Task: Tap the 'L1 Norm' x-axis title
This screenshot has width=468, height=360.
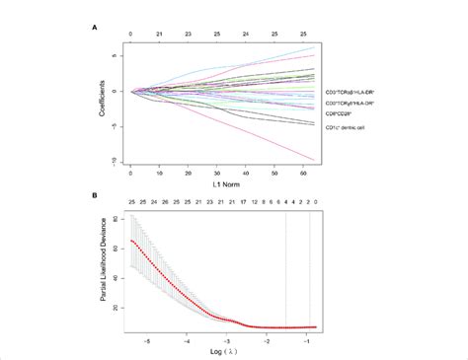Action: coord(223,184)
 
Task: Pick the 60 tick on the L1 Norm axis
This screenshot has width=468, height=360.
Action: coord(305,172)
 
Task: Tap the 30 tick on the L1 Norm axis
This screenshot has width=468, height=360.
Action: coord(217,172)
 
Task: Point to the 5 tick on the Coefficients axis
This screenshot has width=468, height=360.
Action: coord(117,57)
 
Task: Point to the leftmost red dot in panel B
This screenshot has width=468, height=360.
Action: coord(131,240)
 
